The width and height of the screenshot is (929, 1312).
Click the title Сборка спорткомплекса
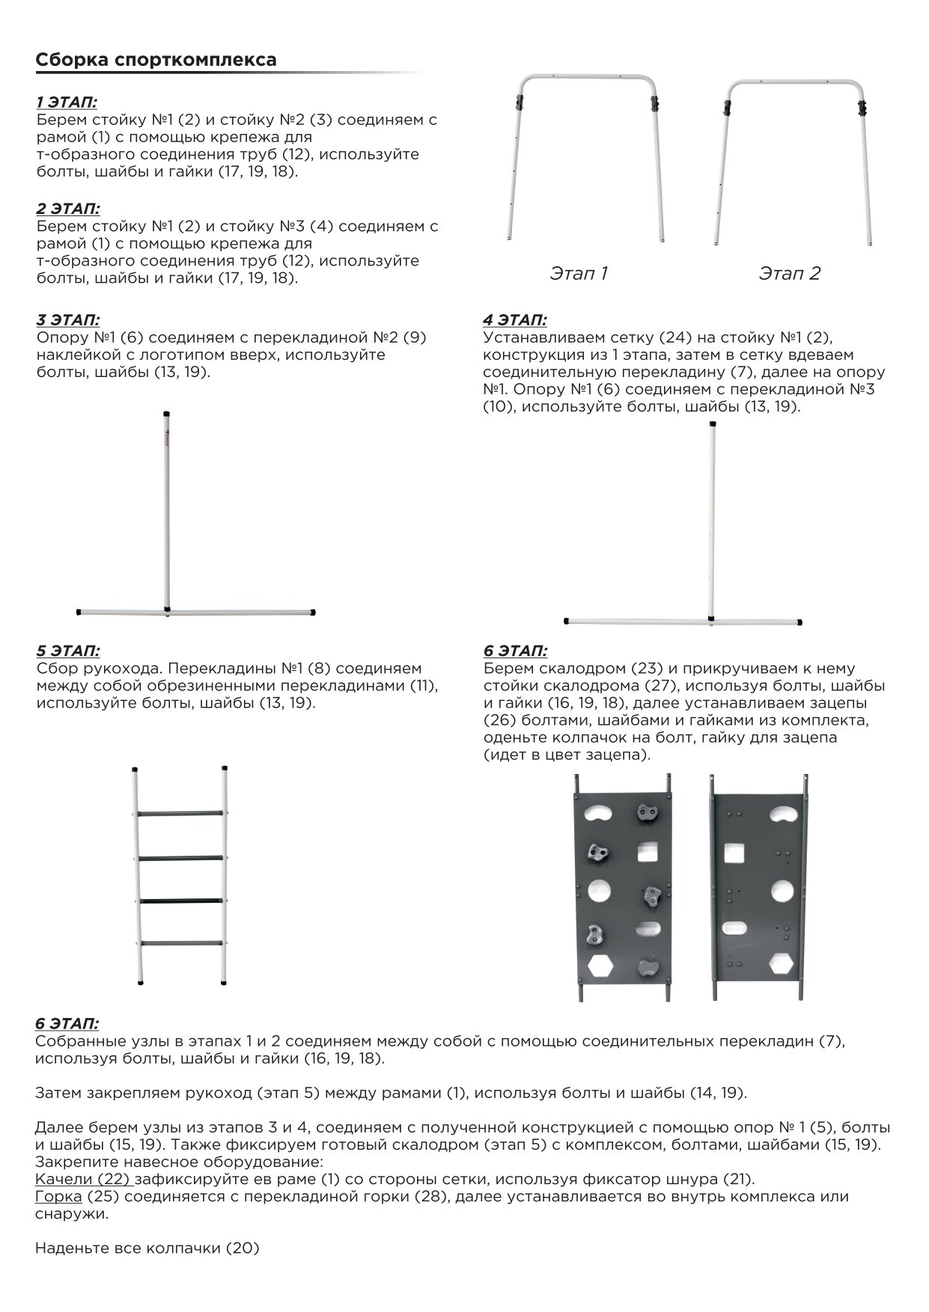click(156, 60)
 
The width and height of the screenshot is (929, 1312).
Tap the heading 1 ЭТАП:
click(67, 102)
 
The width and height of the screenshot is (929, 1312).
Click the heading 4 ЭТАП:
click(514, 320)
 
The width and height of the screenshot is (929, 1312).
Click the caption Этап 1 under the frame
click(579, 274)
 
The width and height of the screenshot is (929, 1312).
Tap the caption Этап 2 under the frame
click(790, 274)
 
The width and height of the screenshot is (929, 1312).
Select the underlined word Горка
click(58, 1197)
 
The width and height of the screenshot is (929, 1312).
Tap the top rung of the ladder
click(180, 813)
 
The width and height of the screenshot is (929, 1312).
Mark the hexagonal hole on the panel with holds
click(600, 966)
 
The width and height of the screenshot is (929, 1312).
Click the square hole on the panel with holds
click(647, 852)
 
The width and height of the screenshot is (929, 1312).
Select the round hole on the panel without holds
click(782, 891)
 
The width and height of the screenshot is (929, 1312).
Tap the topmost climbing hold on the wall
click(647, 812)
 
